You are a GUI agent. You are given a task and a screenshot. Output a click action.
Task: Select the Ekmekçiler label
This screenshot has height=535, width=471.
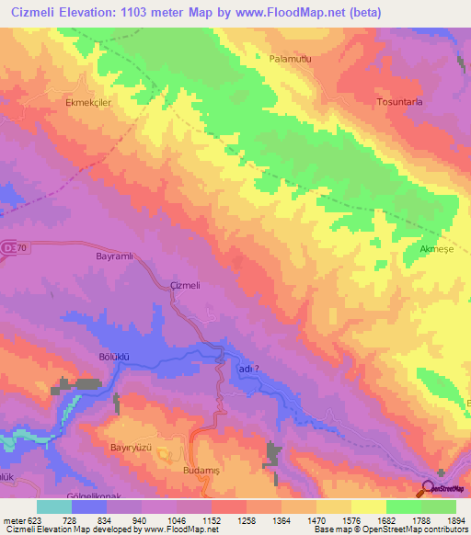(x=88, y=103)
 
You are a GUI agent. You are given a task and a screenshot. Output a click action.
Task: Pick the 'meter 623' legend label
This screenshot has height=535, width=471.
(x=22, y=522)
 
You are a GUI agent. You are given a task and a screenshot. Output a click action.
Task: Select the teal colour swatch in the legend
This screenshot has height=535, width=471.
(x=53, y=507)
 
